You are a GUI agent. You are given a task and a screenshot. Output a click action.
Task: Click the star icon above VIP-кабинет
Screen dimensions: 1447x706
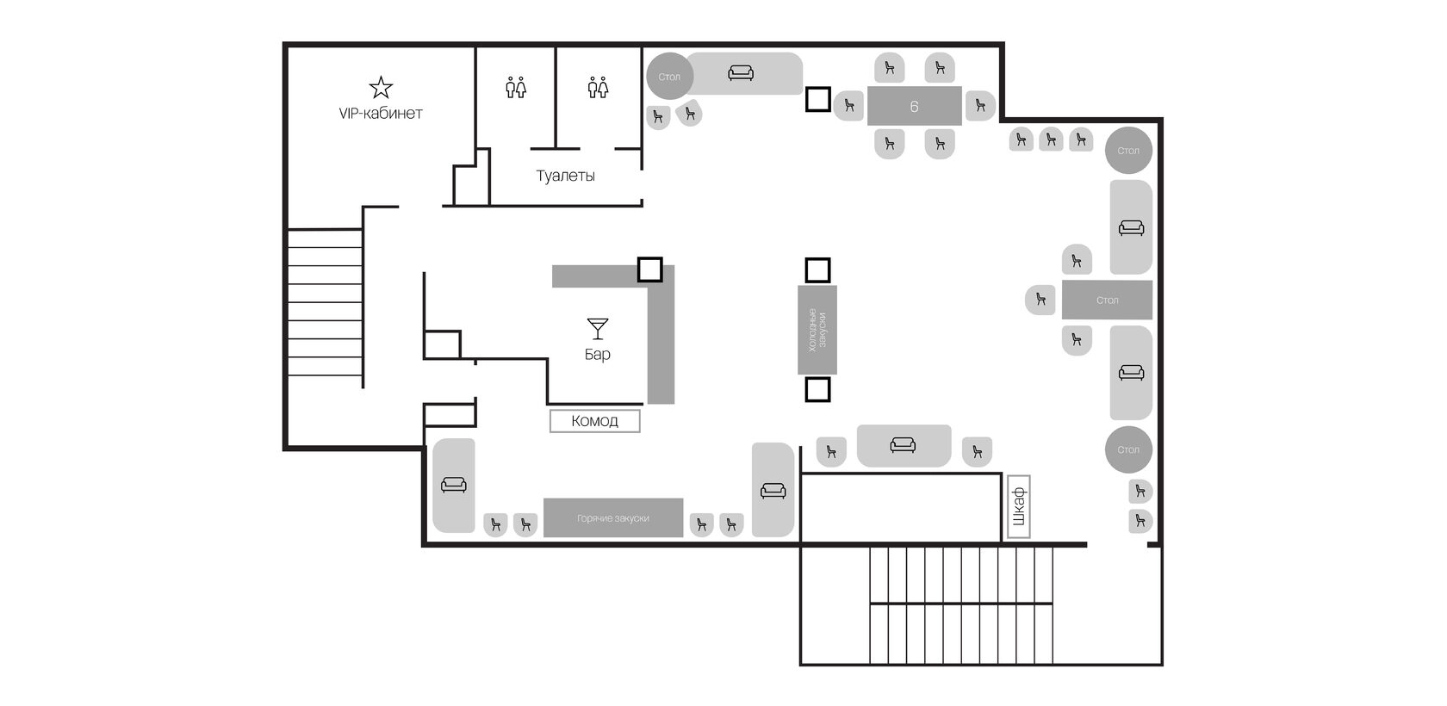[x=381, y=88]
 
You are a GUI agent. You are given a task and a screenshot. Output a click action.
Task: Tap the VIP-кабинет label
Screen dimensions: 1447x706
[x=381, y=113]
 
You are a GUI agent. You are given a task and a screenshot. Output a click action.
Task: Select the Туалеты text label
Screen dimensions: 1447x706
[x=565, y=176]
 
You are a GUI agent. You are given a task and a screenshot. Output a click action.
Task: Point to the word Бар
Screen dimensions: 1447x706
[x=598, y=354]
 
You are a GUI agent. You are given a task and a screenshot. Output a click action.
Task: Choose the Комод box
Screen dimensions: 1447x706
[x=595, y=421]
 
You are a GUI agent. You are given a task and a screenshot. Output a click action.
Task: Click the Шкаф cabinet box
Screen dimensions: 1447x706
[x=1019, y=507]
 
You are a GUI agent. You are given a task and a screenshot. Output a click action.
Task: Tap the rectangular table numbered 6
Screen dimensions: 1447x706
[x=914, y=106]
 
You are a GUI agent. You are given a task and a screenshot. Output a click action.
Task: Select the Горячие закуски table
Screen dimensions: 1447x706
[x=613, y=518]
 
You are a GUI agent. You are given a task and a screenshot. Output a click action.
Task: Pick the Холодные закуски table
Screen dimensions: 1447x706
[x=817, y=330]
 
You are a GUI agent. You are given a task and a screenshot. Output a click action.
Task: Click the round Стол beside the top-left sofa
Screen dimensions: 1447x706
[x=670, y=77]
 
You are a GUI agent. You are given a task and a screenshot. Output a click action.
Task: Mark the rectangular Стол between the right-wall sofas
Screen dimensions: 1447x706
[x=1108, y=300]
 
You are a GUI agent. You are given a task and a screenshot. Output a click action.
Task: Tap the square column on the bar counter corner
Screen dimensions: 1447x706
[x=649, y=269]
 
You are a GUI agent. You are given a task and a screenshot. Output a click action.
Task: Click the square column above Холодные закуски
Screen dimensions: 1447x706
[x=818, y=270]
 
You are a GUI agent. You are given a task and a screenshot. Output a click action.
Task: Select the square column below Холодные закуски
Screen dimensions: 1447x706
[x=818, y=390]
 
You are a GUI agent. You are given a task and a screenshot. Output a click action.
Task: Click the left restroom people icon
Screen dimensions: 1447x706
[x=516, y=87]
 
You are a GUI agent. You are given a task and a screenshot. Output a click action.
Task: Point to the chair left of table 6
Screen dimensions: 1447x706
[x=849, y=105]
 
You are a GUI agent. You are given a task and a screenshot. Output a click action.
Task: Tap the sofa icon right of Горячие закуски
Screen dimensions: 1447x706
[x=773, y=491]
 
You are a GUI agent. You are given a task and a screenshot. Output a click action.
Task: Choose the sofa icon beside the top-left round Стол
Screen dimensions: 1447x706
[x=741, y=73]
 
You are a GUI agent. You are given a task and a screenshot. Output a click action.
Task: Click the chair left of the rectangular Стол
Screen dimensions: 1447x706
[x=1040, y=300]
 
